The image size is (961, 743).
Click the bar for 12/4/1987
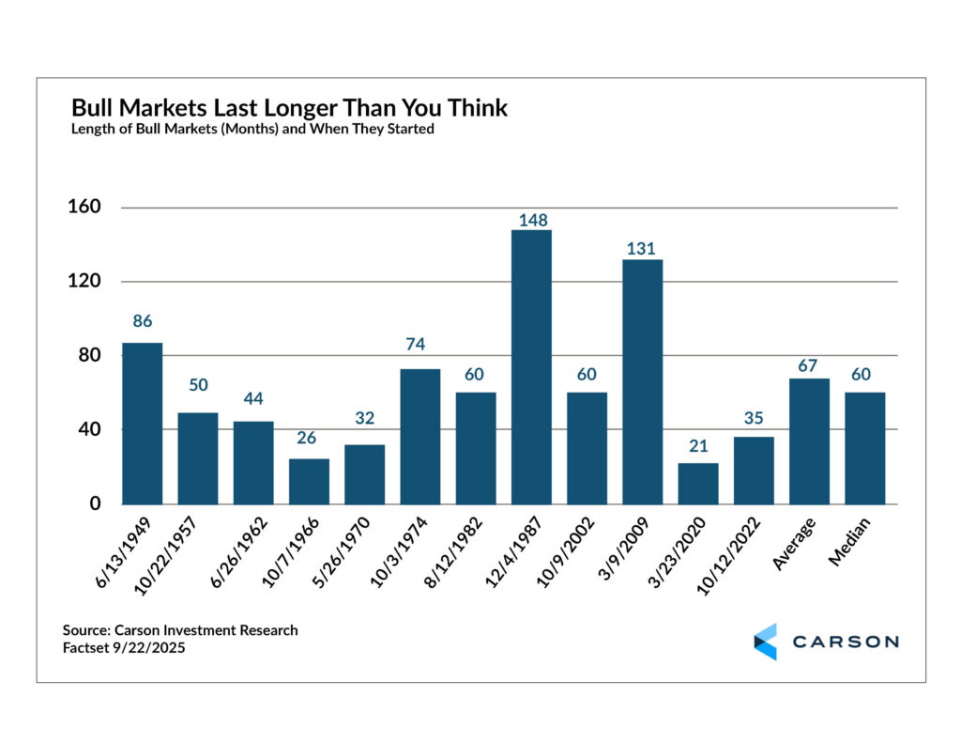[531, 367]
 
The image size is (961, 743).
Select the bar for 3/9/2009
[642, 381]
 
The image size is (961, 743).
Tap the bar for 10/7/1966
[309, 481]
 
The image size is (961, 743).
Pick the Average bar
[809, 441]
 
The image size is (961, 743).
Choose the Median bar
[864, 448]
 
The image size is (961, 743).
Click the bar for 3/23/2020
[697, 483]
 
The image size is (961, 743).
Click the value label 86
[142, 321]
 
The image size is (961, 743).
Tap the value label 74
[419, 345]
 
